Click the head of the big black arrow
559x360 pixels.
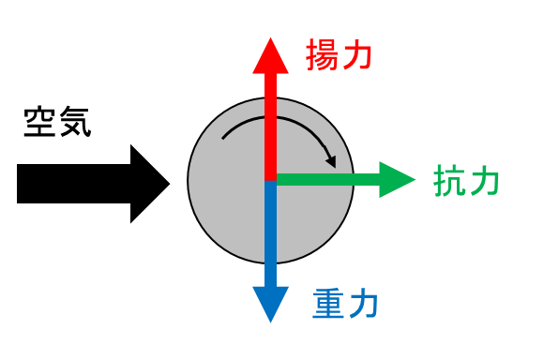click(x=148, y=184)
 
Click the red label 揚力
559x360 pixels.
click(x=339, y=54)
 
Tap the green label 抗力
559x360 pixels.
click(x=466, y=180)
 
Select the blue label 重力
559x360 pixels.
click(x=345, y=304)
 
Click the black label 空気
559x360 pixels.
click(x=57, y=122)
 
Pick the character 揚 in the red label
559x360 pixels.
click(x=322, y=54)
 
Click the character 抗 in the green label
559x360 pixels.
click(x=449, y=180)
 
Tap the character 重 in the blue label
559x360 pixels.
click(x=328, y=304)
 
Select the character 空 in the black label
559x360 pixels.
click(x=39, y=122)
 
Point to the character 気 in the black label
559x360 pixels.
click(x=75, y=122)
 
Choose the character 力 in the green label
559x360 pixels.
click(x=484, y=180)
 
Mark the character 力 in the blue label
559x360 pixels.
click(x=363, y=304)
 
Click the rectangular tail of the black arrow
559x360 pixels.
click(x=74, y=184)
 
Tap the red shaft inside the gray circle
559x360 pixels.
click(x=270, y=139)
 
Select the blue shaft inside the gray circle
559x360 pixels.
click(x=270, y=222)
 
